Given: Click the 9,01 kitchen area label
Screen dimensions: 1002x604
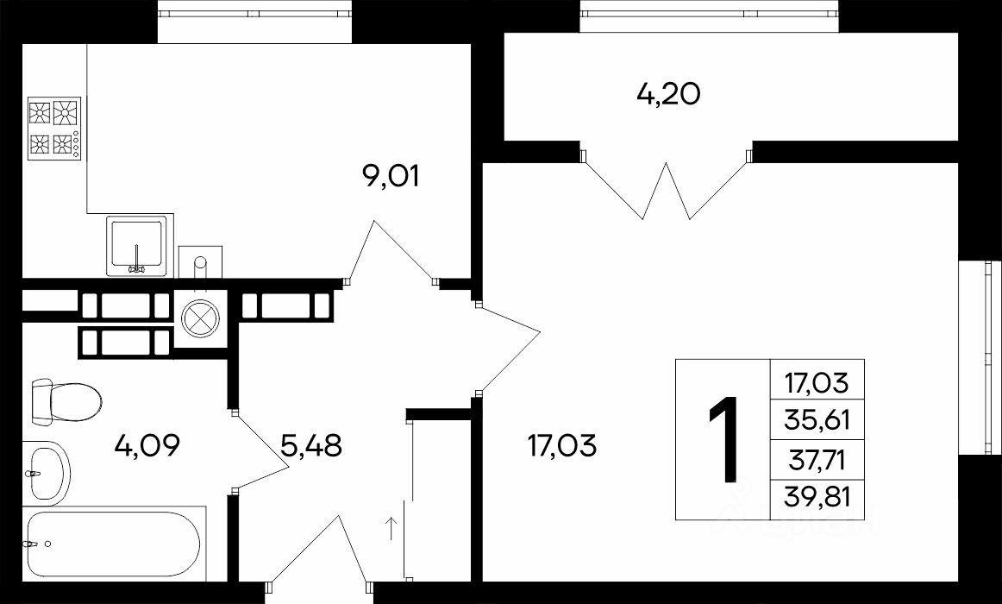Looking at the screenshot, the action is (x=391, y=176).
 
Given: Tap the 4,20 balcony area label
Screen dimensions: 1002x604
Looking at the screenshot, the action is (x=668, y=94).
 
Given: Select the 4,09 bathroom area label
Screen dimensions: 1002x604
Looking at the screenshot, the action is (x=147, y=445).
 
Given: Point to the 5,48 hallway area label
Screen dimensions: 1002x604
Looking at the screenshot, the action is (x=311, y=445).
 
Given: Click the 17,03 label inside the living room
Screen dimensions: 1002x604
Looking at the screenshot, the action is (x=562, y=445).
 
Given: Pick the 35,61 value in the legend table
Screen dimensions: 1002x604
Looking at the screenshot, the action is (x=817, y=420).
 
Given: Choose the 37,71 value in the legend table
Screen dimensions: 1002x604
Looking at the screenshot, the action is (x=817, y=459).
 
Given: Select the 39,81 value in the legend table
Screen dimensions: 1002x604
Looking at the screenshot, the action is (x=817, y=496).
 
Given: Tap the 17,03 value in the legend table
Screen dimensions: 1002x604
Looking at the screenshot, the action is (x=817, y=383).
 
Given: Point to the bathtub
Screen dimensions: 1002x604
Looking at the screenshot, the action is (x=114, y=544).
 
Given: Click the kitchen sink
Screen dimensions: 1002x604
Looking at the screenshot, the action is (x=136, y=245).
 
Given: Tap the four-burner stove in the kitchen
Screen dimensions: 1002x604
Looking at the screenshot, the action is (x=54, y=129).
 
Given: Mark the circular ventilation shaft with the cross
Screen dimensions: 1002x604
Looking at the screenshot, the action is (x=200, y=318).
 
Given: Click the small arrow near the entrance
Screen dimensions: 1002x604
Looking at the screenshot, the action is (x=391, y=528).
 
